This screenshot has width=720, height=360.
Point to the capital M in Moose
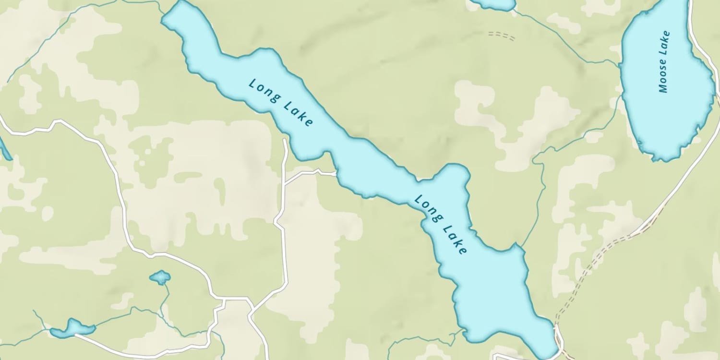tap(663, 89)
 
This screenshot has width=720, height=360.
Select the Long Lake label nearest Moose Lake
tap(440, 224)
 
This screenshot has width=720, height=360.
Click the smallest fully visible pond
tap(160, 277)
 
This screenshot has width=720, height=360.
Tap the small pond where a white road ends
tap(72, 328)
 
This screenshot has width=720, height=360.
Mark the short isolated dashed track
tap(502, 36)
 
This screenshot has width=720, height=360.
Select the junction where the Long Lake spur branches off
tap(285, 183)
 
